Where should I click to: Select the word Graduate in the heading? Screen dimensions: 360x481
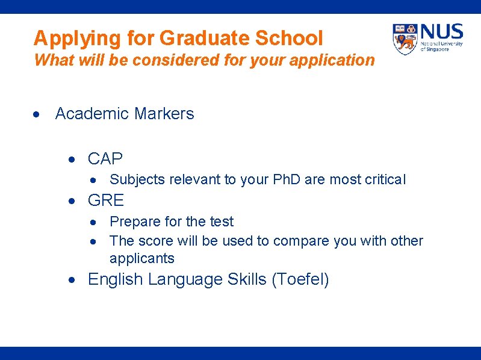coord(204,38)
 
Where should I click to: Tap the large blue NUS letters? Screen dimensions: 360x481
coord(442,31)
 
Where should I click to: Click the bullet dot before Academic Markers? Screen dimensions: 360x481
coord(37,114)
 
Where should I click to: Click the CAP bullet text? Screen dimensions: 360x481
coord(105,159)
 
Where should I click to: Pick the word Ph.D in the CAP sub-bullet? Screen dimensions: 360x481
coord(287,179)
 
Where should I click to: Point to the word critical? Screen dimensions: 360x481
coord(385,179)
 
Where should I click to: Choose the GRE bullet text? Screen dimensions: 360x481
coord(106,200)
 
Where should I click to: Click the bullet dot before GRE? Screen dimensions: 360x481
coord(71,200)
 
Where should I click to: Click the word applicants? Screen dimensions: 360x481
coord(142,259)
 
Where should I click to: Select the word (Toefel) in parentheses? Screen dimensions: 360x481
coord(300,280)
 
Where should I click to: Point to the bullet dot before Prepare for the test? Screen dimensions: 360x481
coord(94,223)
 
